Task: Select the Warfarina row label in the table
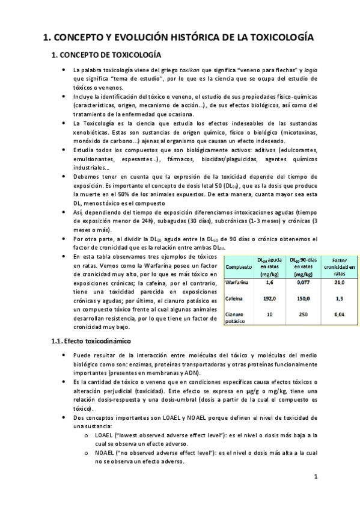236,281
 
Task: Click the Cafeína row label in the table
234,298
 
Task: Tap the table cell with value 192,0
270,298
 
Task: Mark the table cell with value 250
304,314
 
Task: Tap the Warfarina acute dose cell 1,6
270,281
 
